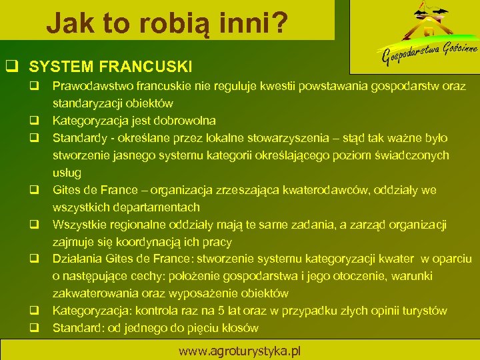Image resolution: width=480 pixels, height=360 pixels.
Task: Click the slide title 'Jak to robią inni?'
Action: [x=167, y=23]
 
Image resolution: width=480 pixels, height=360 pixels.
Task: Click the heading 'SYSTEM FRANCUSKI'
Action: [x=111, y=66]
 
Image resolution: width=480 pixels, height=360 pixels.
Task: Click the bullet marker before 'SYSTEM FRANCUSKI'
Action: [x=11, y=66]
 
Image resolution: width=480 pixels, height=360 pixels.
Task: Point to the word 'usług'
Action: [x=67, y=173]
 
